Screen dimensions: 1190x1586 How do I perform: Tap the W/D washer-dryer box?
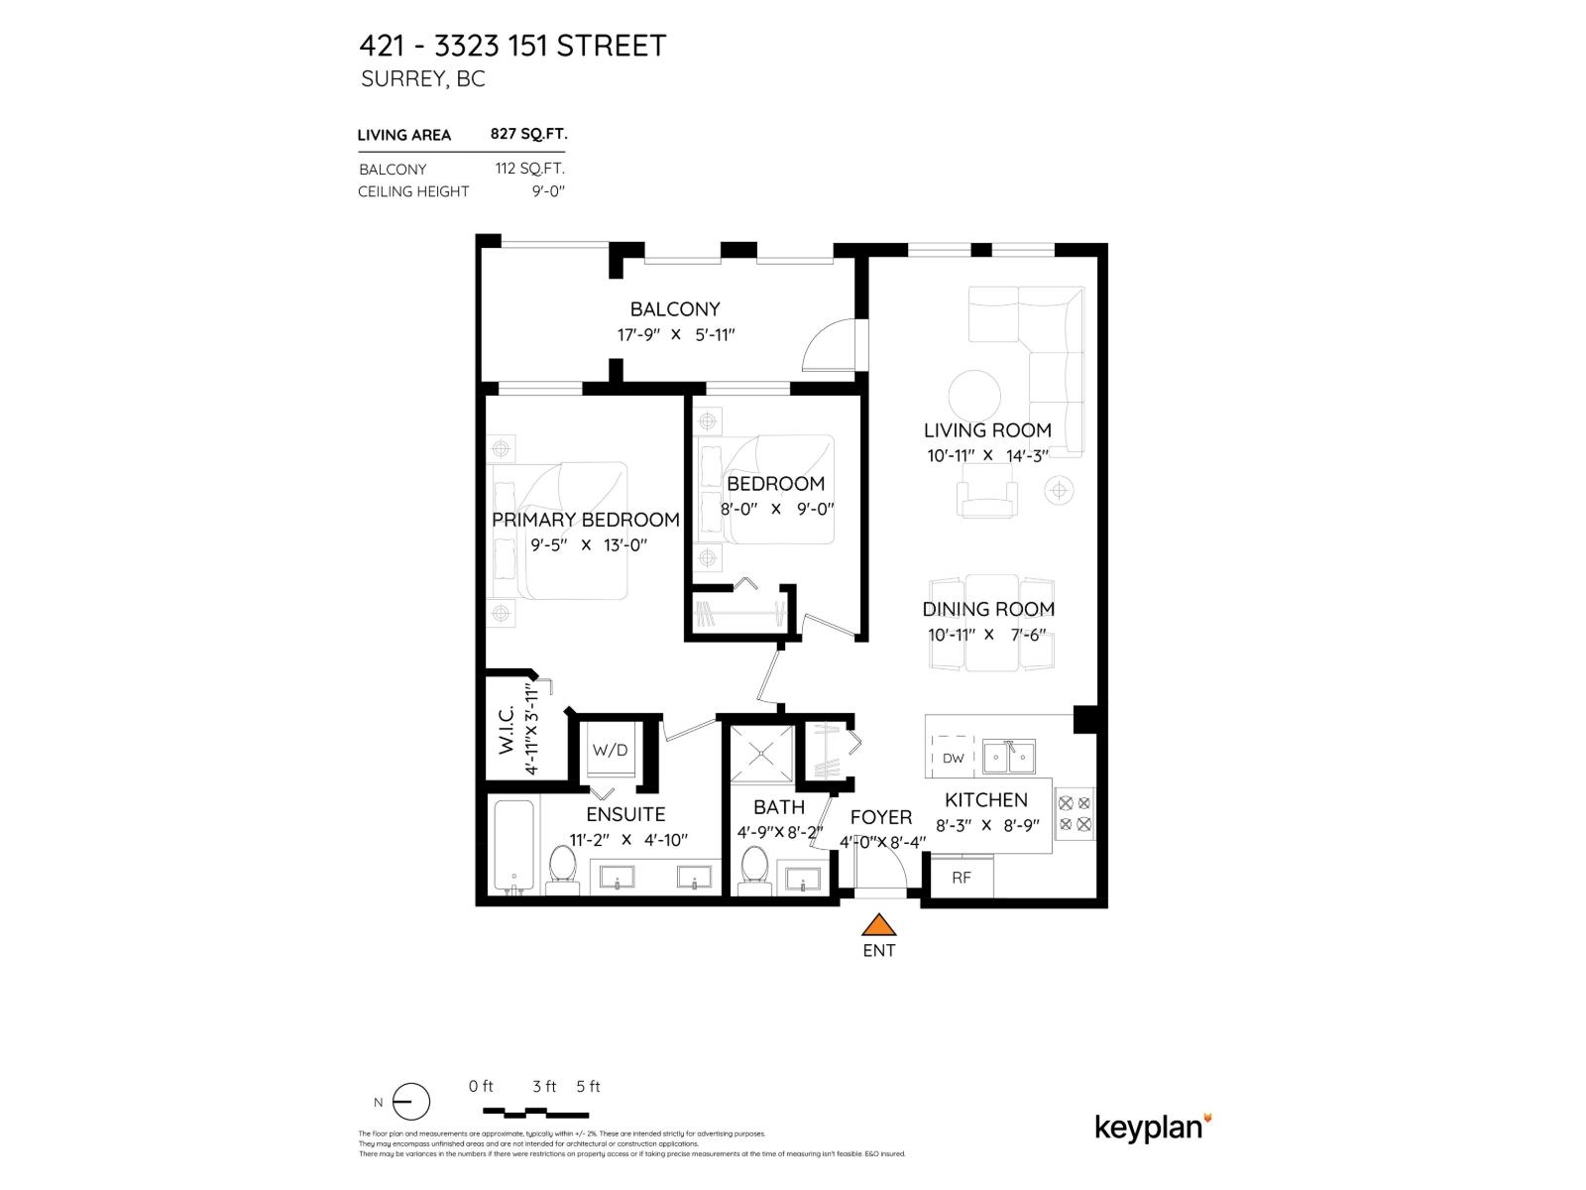pyautogui.click(x=611, y=751)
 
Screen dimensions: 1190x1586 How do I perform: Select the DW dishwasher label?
pyautogui.click(x=953, y=759)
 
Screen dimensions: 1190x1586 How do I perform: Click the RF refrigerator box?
pyautogui.click(x=962, y=878)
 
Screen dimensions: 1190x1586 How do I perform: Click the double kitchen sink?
pyautogui.click(x=1010, y=757)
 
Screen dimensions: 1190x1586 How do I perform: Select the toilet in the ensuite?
pyautogui.click(x=562, y=867)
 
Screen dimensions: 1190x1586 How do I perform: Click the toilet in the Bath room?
pyautogui.click(x=755, y=868)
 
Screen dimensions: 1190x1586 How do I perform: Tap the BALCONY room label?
pyautogui.click(x=675, y=309)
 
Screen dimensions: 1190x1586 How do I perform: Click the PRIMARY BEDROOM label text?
pyautogui.click(x=586, y=520)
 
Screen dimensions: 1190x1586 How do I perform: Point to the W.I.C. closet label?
pyautogui.click(x=508, y=730)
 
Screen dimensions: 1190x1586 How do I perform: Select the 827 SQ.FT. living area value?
pyautogui.click(x=528, y=134)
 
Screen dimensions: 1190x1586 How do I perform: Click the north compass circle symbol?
pyautogui.click(x=411, y=1102)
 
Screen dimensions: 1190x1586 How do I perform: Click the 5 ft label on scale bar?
pyautogui.click(x=588, y=1086)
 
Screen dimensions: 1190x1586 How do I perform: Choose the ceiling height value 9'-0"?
pyautogui.click(x=547, y=191)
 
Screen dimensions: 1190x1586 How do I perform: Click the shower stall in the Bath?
pyautogui.click(x=762, y=753)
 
